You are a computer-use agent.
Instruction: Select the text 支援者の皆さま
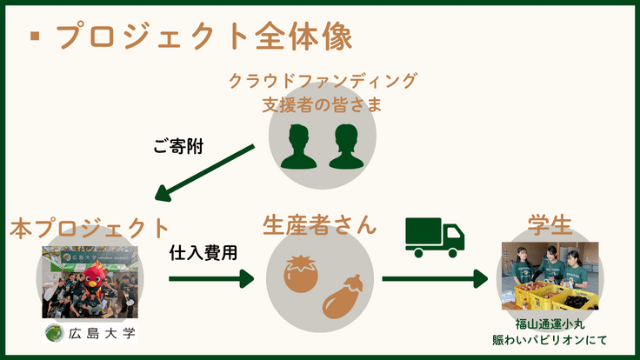point(323,105)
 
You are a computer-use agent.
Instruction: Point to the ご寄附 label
point(178,146)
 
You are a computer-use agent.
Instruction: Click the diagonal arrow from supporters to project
point(208,173)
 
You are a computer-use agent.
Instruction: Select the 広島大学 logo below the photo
point(90,333)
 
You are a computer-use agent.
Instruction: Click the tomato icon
point(300,272)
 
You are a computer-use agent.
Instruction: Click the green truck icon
point(435,237)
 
